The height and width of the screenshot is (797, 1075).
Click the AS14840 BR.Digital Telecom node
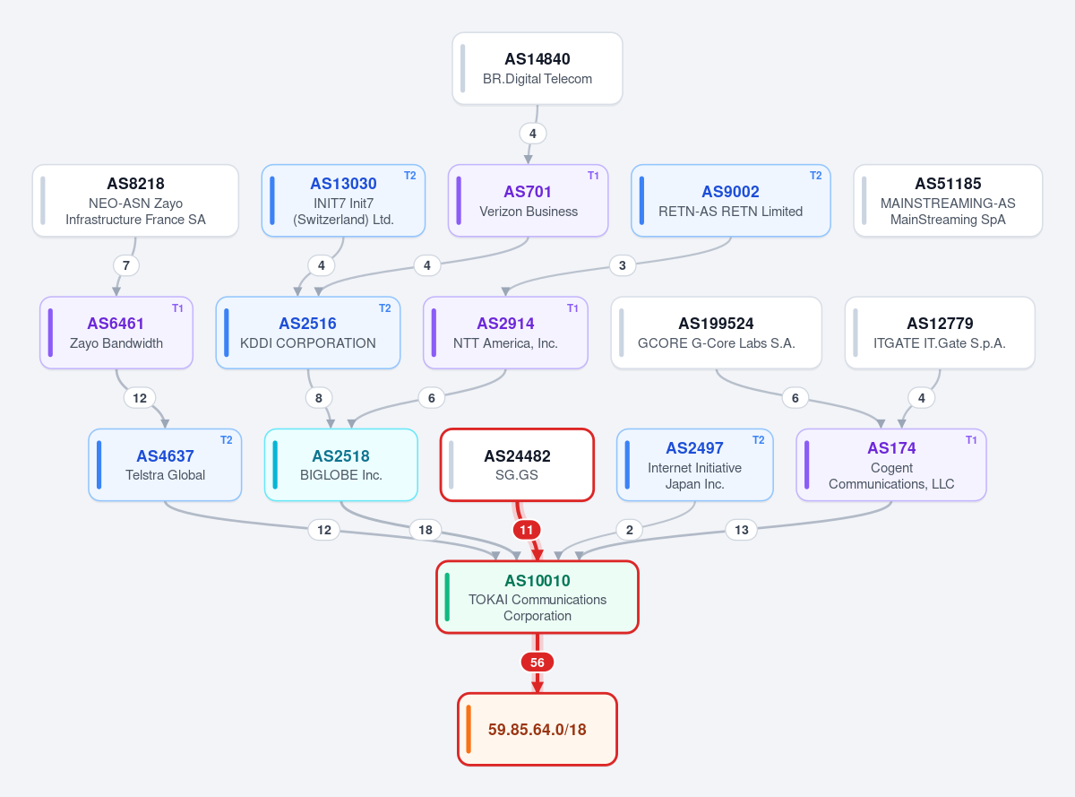point(537,68)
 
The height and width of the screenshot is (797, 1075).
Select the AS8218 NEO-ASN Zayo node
point(135,201)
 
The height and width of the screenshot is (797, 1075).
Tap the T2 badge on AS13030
point(410,176)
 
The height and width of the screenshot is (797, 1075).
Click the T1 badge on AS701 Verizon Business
point(593,176)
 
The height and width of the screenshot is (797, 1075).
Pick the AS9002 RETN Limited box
point(730,201)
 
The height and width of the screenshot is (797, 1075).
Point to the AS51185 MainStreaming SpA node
point(948,201)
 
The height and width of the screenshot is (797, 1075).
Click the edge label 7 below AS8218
point(126,265)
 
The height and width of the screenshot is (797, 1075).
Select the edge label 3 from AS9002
point(623,265)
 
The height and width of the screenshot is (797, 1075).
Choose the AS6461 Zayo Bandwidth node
point(116,333)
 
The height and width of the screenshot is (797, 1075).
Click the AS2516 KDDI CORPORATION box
point(308,333)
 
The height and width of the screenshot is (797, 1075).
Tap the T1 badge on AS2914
point(572,308)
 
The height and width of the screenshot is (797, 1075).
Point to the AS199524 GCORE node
point(716,333)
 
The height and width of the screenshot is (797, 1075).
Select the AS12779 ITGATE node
point(940,333)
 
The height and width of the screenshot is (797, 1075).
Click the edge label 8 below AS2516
point(318,398)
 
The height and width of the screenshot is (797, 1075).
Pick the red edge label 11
point(527,530)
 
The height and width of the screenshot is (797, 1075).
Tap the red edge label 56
point(537,663)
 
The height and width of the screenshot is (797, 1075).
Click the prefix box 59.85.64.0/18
point(537,729)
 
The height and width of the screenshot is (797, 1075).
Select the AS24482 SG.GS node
point(517,464)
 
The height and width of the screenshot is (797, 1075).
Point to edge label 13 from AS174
point(741,530)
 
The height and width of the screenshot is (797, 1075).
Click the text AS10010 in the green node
point(537,581)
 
